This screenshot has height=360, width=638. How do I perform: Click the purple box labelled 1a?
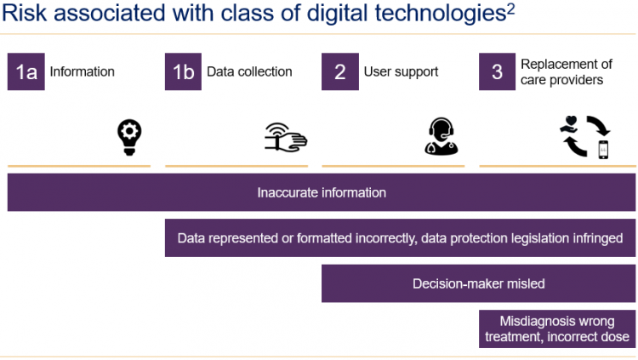(x=26, y=71)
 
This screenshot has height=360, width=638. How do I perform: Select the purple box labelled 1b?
(x=183, y=71)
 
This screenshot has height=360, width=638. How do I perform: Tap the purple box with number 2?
(x=340, y=71)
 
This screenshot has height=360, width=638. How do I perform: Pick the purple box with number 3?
(x=498, y=71)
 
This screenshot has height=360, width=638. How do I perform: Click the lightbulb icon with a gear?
(x=129, y=137)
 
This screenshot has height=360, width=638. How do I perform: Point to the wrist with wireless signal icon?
(x=286, y=138)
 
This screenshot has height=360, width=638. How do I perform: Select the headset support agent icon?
(x=441, y=136)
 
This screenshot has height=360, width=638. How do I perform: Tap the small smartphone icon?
(x=603, y=150)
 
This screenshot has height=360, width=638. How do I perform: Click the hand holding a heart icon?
(x=569, y=124)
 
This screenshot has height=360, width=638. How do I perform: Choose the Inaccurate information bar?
(x=322, y=192)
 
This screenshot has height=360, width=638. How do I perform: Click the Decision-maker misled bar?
(x=478, y=283)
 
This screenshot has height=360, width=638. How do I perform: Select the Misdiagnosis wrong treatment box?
(x=557, y=329)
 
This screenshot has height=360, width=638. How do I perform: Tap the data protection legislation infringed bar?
(x=400, y=237)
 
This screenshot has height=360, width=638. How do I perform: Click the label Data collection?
(x=249, y=71)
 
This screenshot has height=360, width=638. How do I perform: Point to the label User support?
(x=401, y=72)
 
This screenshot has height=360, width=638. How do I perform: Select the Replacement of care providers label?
(x=567, y=71)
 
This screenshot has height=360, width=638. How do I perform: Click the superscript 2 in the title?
(x=510, y=9)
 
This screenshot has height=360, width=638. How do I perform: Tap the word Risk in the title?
(x=25, y=13)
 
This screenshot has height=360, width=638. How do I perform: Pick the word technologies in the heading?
(x=441, y=14)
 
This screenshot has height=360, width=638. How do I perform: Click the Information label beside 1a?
(x=83, y=71)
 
